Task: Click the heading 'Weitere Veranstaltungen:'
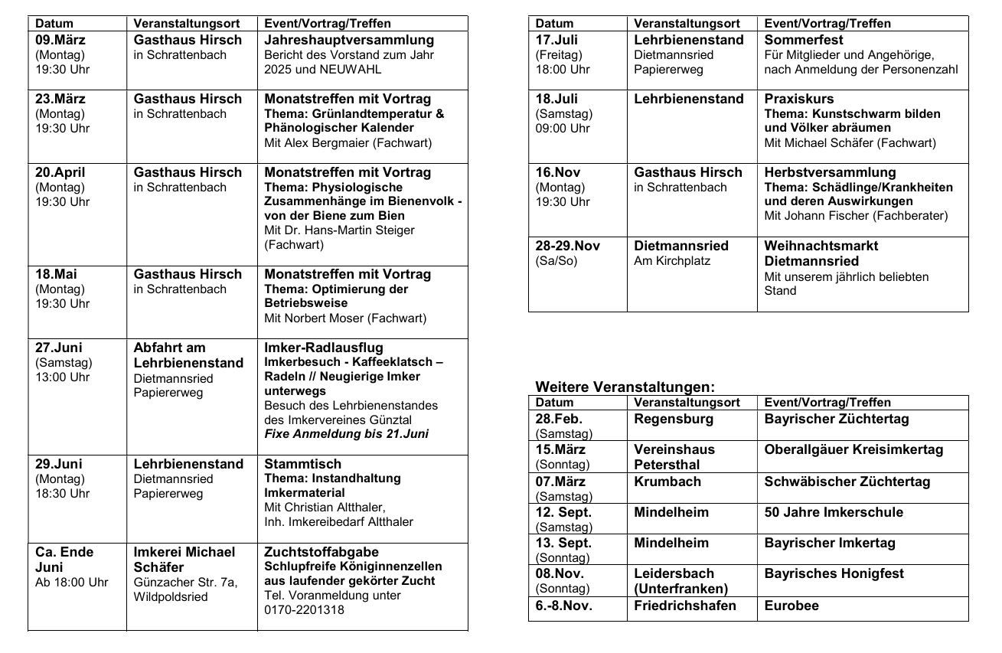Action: pyautogui.click(x=625, y=387)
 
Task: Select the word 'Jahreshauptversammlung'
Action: pyautogui.click(x=349, y=40)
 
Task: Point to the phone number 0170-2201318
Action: pyautogui.click(x=304, y=610)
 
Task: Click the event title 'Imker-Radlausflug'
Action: pyautogui.click(x=324, y=348)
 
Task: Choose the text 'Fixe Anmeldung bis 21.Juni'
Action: pyautogui.click(x=346, y=434)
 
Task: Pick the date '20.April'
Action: pyautogui.click(x=61, y=172)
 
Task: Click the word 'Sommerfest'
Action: pyautogui.click(x=804, y=40)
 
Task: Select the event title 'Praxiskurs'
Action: pyautogui.click(x=799, y=99)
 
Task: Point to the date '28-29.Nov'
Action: pyautogui.click(x=568, y=246)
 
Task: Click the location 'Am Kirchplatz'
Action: pyautogui.click(x=672, y=261)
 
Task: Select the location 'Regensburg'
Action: pyautogui.click(x=674, y=419)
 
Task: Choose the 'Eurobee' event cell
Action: pyautogui.click(x=791, y=606)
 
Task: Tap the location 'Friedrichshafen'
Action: pyautogui.click(x=685, y=606)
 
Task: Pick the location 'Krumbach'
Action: pyautogui.click(x=667, y=482)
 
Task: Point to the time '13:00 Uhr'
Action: pyautogui.click(x=63, y=377)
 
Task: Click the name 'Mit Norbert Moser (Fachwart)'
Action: pyautogui.click(x=345, y=318)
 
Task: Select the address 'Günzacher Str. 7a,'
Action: pyautogui.click(x=185, y=583)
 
